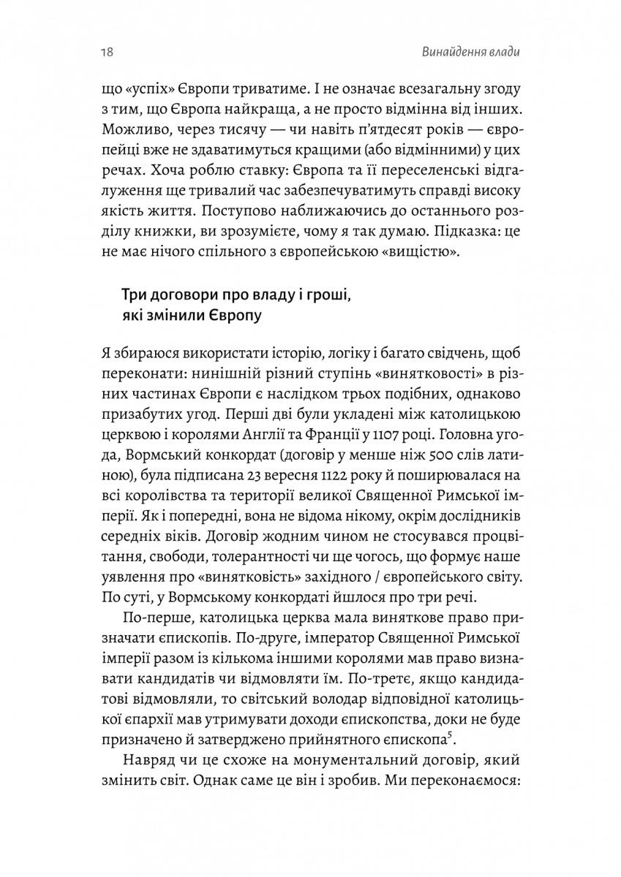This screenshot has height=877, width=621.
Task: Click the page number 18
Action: tap(102, 53)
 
